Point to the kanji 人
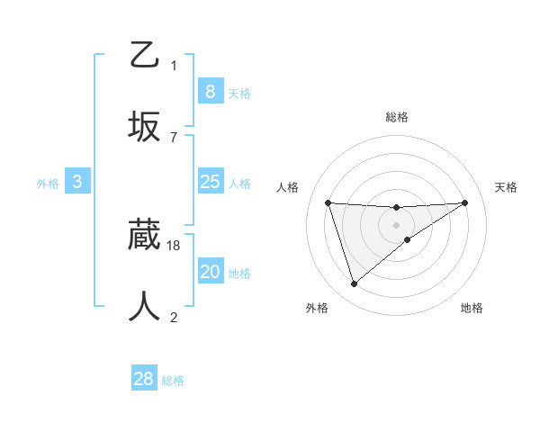[x=144, y=307]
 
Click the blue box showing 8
[x=210, y=92]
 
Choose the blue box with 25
[x=210, y=182]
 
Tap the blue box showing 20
[x=210, y=272]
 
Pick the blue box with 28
[x=144, y=379]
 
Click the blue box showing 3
[x=77, y=182]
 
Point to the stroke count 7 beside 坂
[x=174, y=137]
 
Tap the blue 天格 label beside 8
[x=239, y=94]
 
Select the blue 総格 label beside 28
[x=173, y=381]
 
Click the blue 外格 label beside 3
[x=48, y=184]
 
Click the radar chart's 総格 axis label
[x=396, y=117]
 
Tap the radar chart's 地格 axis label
[x=472, y=308]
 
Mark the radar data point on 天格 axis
[x=464, y=202]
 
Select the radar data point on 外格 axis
[x=354, y=283]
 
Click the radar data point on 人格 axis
[x=328, y=202]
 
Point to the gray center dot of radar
[x=396, y=224]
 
